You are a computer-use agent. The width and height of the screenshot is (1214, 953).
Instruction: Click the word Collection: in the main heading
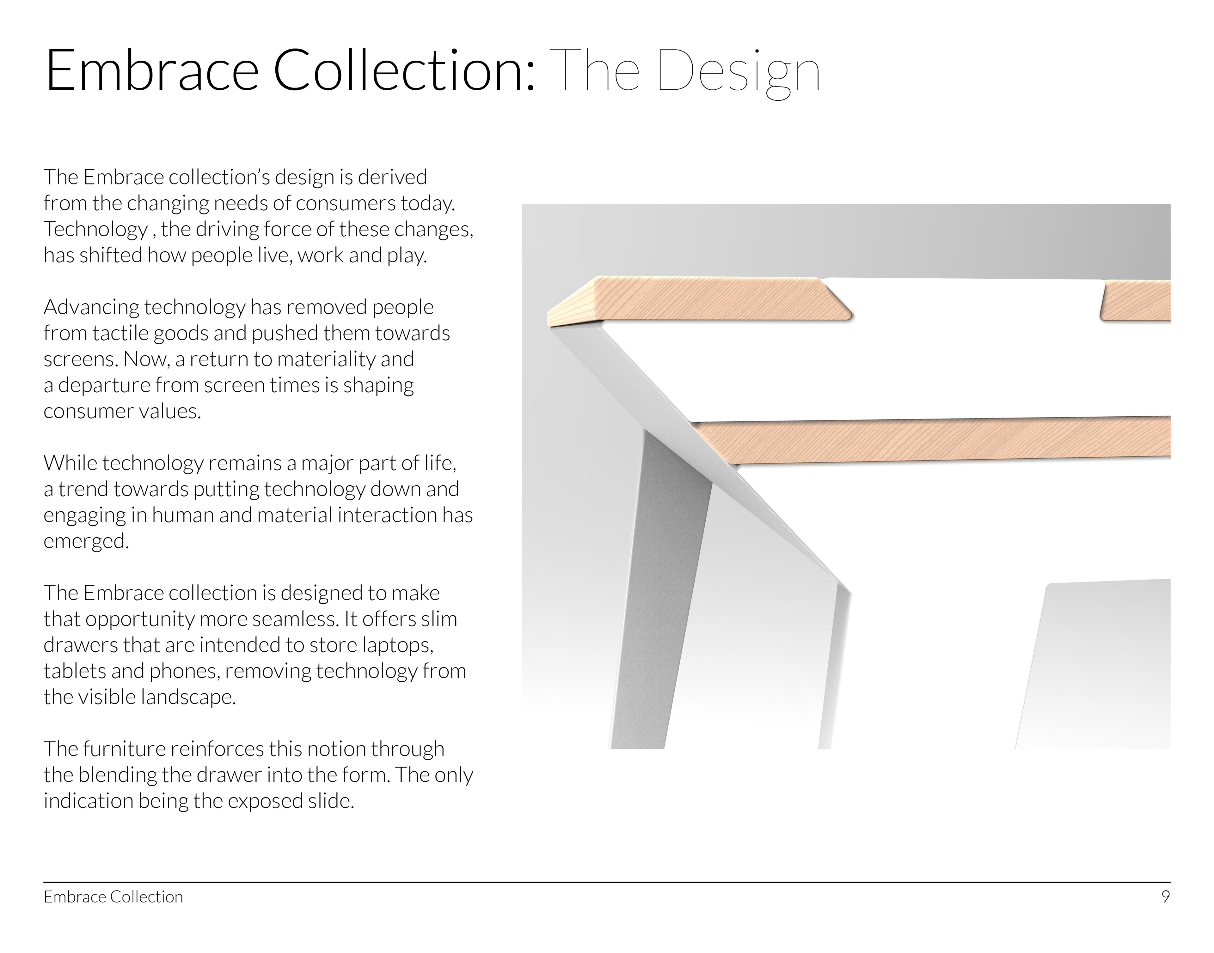click(405, 70)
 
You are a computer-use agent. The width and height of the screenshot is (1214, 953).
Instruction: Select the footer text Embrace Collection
click(113, 897)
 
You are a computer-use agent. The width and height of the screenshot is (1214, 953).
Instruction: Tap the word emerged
click(86, 541)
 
